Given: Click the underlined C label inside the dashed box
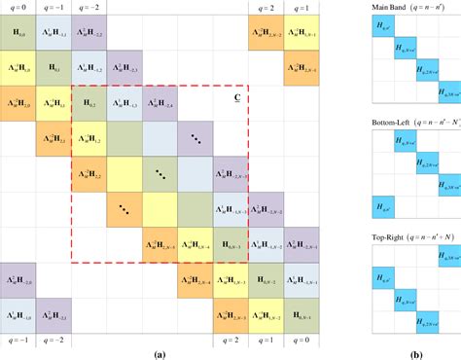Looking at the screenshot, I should [x=237, y=97].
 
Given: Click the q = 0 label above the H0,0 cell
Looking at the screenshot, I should [x=18, y=6].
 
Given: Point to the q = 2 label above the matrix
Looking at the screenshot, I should [x=265, y=6].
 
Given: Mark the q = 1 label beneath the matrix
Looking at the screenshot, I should [x=265, y=342].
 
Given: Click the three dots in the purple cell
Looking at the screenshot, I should [x=195, y=139].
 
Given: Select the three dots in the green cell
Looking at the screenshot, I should [x=160, y=174].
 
